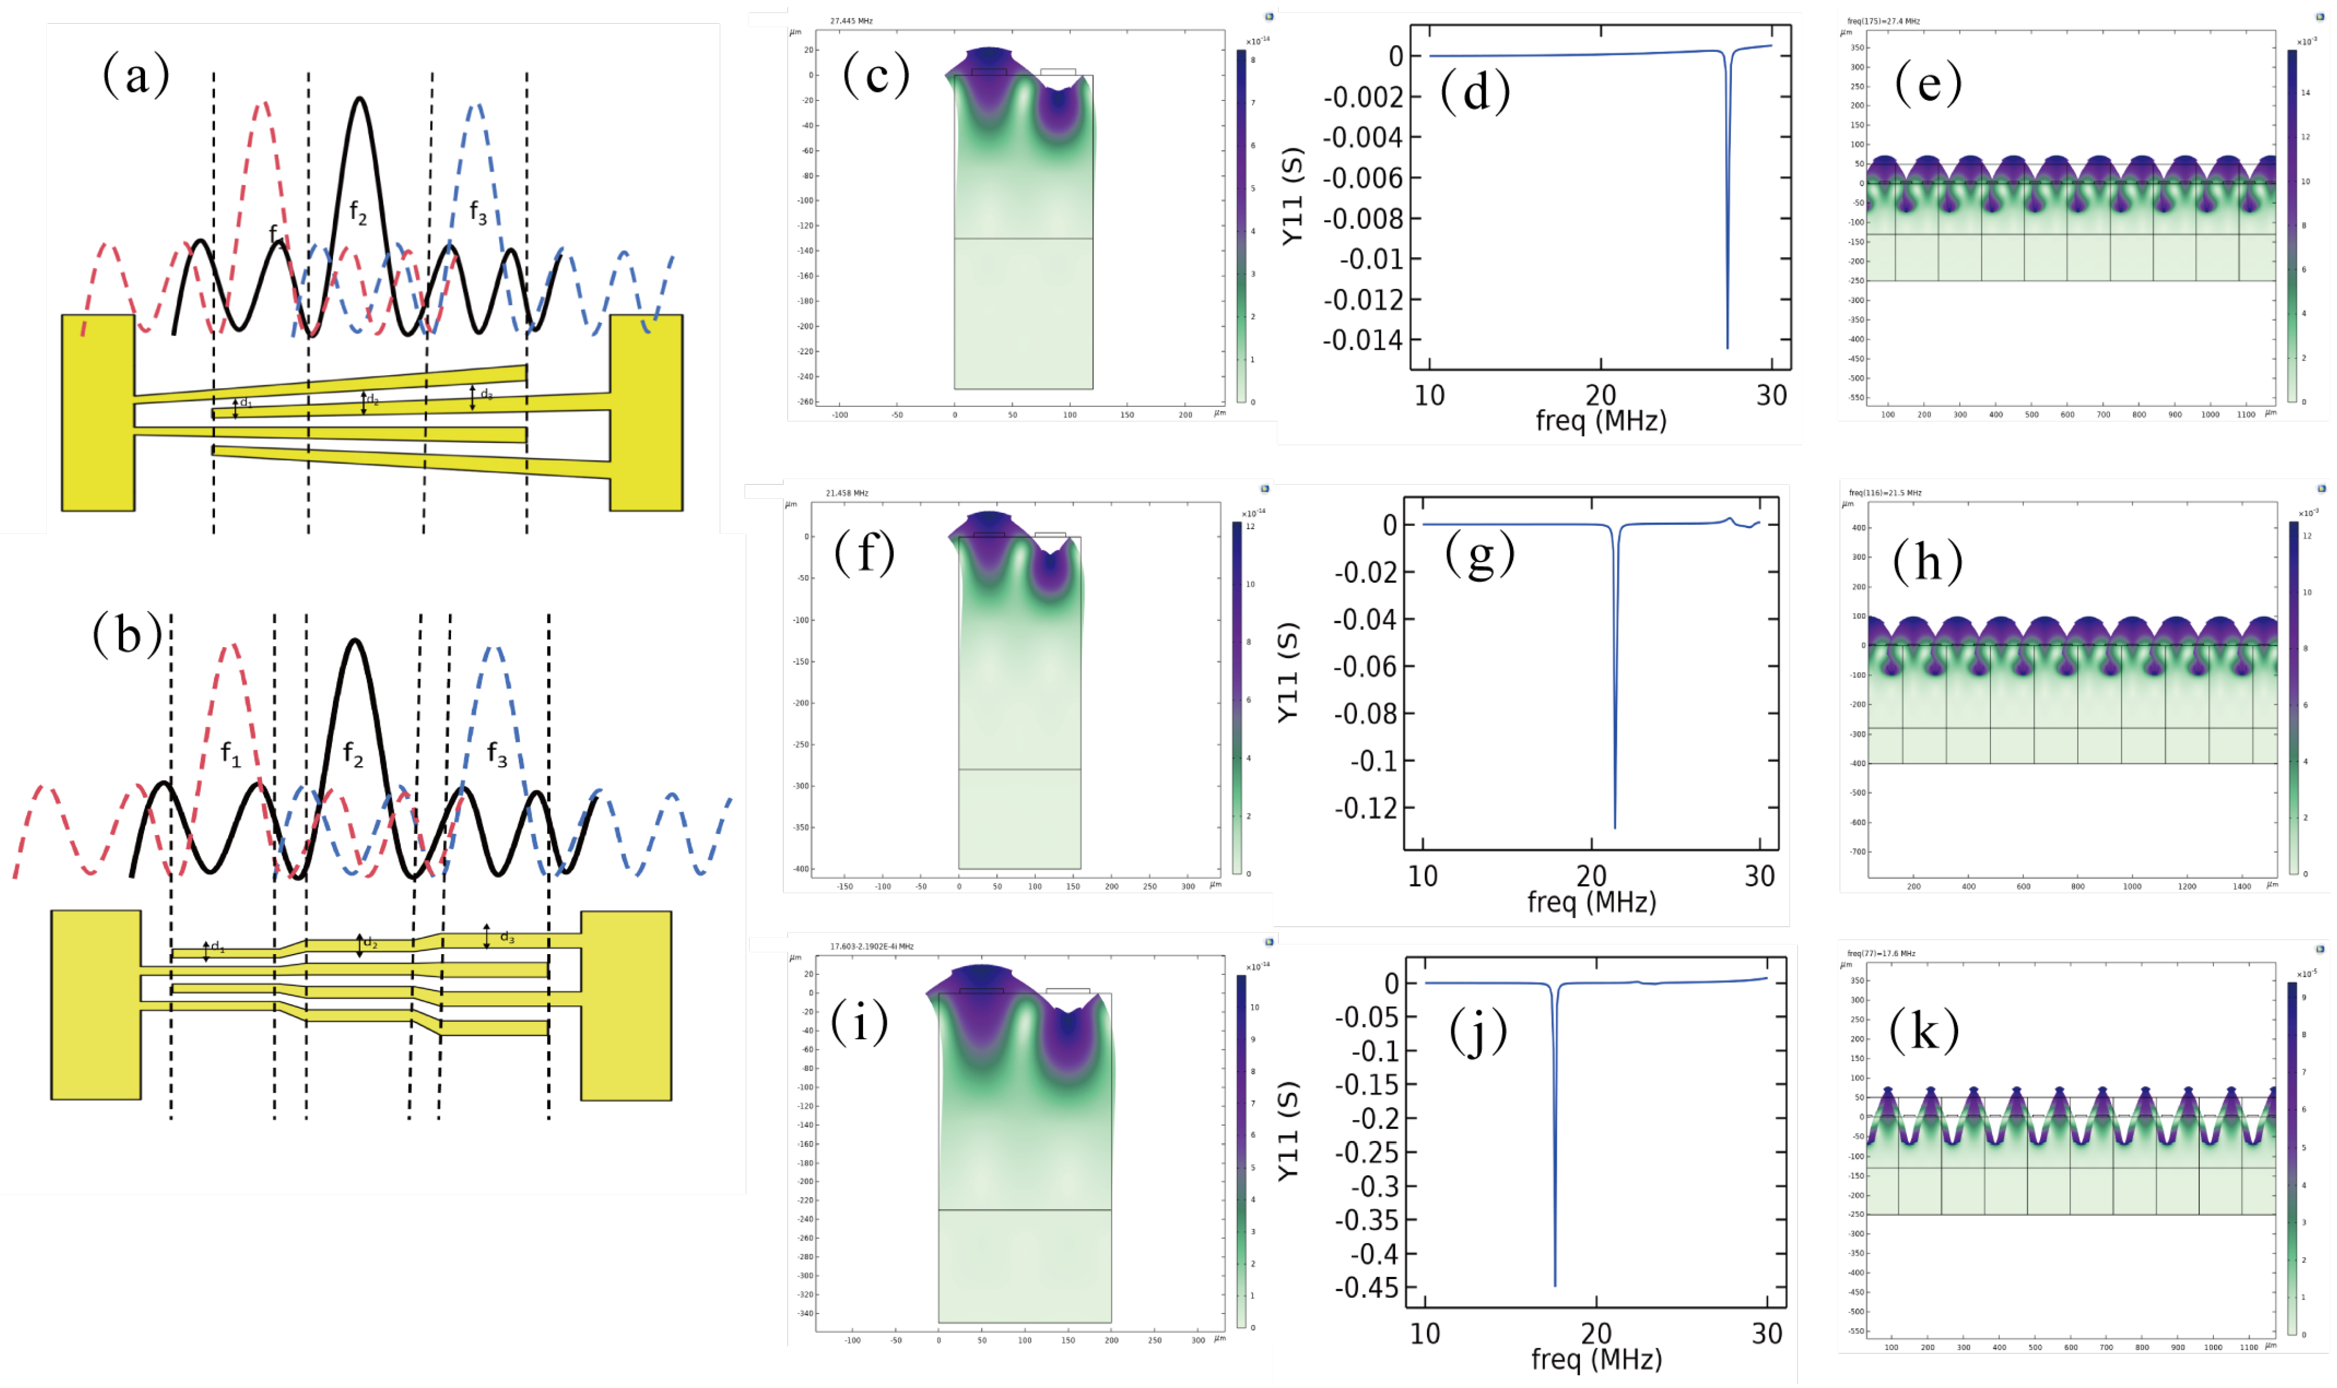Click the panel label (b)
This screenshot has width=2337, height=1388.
point(127,635)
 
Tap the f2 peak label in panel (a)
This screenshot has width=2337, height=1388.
point(358,212)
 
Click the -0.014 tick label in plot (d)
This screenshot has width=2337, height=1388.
point(1363,340)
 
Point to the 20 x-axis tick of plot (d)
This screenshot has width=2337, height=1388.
point(1601,396)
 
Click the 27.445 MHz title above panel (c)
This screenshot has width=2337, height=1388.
point(851,20)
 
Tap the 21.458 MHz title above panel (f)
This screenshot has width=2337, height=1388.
point(847,493)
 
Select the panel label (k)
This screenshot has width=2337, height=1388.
point(1923,1031)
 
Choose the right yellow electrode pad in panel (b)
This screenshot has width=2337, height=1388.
point(626,1004)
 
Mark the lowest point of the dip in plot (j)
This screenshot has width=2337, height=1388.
point(1555,1285)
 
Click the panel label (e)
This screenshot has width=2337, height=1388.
point(1927,84)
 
